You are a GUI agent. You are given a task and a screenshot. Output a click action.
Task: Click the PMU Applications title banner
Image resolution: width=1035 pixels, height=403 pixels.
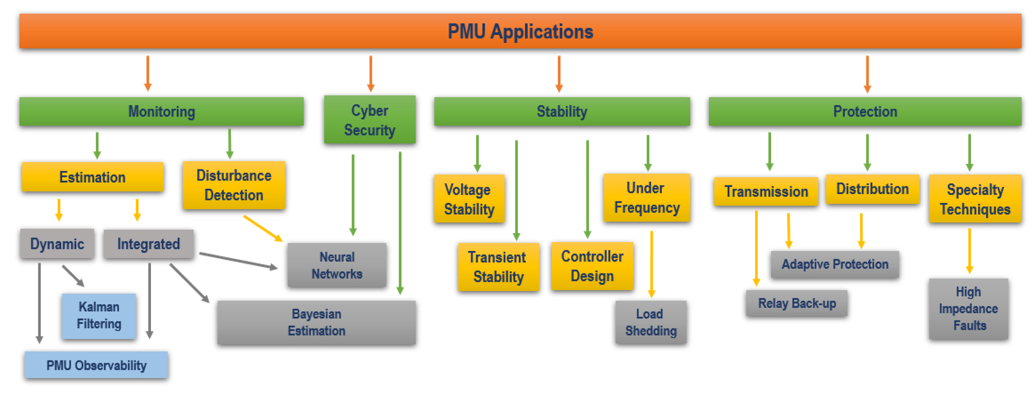520,31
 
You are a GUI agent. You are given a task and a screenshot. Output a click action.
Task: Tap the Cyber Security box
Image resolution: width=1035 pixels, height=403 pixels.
370,120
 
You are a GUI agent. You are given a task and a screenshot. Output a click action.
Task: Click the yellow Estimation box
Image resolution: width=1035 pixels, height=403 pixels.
93,177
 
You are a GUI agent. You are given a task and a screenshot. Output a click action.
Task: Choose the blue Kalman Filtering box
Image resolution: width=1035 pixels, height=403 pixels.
99,316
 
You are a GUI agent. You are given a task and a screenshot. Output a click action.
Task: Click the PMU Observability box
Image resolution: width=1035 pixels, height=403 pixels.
96,365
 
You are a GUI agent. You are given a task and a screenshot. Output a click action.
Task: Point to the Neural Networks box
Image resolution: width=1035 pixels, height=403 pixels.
337,265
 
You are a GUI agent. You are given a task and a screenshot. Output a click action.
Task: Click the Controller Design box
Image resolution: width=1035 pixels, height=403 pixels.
592,266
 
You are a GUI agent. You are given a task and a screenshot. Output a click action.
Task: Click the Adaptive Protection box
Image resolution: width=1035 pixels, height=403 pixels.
835,264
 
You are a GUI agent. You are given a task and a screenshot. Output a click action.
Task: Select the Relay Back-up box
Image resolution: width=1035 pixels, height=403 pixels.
797,303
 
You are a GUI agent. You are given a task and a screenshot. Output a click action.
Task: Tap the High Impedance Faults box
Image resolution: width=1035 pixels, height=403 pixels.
968,308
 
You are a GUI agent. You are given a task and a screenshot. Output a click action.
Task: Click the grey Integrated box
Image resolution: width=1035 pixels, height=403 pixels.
148,244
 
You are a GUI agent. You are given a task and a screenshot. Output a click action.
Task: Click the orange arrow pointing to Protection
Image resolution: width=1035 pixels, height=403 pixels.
867,74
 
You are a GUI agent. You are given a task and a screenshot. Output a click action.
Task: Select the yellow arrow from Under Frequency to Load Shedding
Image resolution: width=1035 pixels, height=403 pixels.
651,263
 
